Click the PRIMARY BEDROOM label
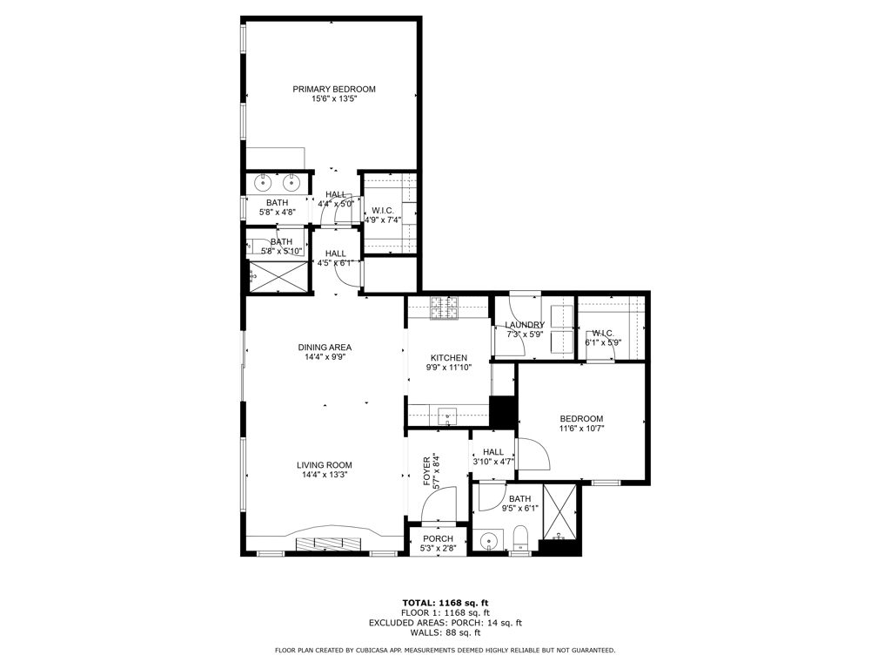pyautogui.click(x=333, y=89)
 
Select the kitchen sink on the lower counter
pyautogui.click(x=448, y=416)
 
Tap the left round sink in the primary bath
pyautogui.click(x=262, y=183)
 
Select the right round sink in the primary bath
pyautogui.click(x=291, y=183)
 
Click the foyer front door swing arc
pyautogui.click(x=445, y=501)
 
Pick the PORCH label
pyautogui.click(x=438, y=538)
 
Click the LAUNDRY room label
pyautogui.click(x=525, y=325)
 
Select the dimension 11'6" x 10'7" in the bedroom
pyautogui.click(x=581, y=429)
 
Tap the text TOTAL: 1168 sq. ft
pyautogui.click(x=445, y=603)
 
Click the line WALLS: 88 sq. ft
pyautogui.click(x=445, y=632)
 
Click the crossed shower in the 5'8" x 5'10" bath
pyautogui.click(x=278, y=275)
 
